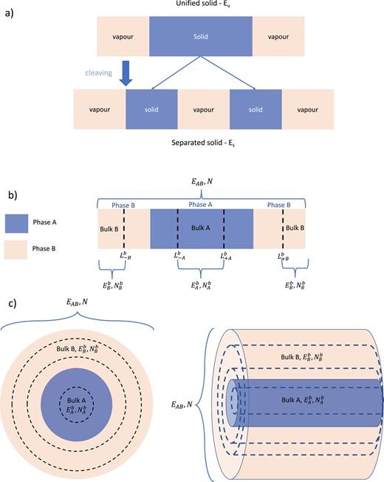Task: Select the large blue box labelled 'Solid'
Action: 201,36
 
